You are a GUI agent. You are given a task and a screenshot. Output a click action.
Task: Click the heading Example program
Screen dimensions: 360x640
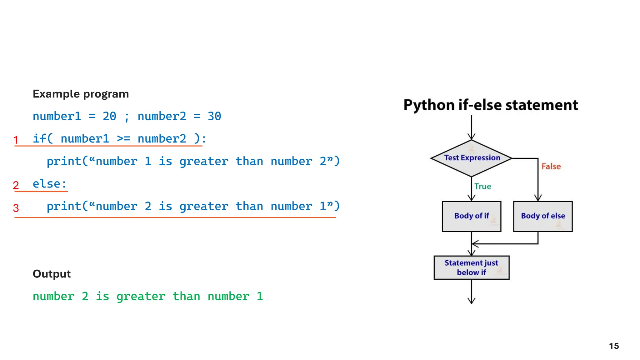point(81,94)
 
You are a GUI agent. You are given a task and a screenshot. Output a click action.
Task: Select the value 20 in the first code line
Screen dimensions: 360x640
point(109,116)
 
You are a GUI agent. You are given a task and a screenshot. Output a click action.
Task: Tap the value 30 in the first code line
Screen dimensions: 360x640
point(214,116)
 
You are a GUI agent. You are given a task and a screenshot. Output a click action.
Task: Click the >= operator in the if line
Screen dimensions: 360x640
point(123,138)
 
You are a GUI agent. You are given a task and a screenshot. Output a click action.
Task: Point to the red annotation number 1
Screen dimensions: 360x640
point(16,140)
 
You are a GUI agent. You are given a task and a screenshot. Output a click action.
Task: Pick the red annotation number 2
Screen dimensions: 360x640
point(16,185)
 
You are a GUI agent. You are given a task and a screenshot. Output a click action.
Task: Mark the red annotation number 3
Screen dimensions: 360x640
point(16,208)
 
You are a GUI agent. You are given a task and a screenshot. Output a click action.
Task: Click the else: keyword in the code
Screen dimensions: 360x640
point(49,184)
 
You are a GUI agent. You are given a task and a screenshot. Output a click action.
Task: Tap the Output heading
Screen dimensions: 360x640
point(52,274)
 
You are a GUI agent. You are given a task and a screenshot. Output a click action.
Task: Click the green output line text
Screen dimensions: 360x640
point(148,296)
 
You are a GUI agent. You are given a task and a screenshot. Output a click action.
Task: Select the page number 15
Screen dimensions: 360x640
point(614,346)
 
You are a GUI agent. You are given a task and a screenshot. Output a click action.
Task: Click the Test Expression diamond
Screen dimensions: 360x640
point(472,158)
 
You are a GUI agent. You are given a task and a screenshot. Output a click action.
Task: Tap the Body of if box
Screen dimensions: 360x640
point(471,216)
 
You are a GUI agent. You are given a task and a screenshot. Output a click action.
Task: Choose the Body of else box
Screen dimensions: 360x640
point(543,216)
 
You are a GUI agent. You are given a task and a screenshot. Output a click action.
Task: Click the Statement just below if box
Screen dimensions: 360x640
point(471,267)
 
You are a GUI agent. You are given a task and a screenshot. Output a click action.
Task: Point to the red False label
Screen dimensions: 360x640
point(551,167)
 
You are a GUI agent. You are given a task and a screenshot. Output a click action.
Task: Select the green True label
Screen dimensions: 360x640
point(482,187)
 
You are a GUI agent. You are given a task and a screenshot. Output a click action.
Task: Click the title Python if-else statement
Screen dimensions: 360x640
point(491,105)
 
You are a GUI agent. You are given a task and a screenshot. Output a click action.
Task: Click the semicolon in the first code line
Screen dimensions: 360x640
point(127,117)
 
